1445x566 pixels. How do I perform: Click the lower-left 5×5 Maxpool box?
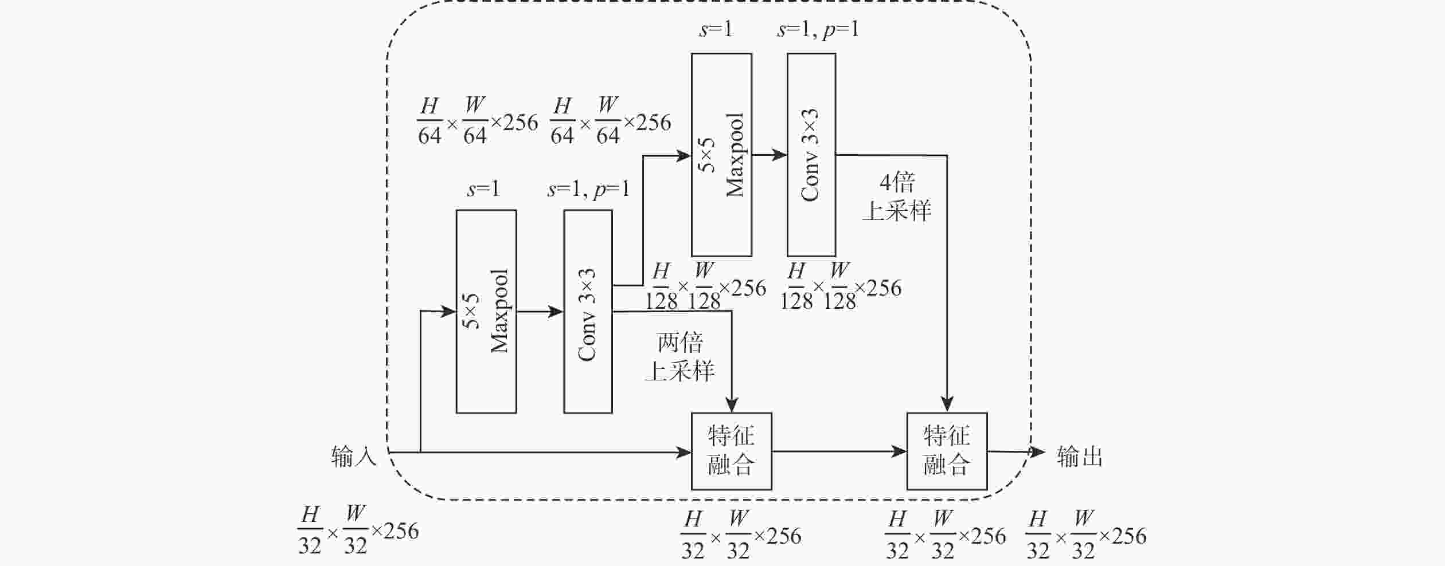point(486,311)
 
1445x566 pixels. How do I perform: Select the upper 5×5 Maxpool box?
point(721,155)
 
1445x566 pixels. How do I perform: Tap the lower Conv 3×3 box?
point(588,311)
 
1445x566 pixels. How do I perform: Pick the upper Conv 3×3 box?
point(811,155)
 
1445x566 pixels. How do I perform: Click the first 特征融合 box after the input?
point(731,451)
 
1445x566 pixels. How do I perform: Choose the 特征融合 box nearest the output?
point(947,451)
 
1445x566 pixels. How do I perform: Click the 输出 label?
point(1080,457)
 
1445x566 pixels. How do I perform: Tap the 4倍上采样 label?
point(897,196)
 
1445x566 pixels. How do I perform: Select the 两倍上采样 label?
point(680,357)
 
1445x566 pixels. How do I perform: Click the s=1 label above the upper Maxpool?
point(716,29)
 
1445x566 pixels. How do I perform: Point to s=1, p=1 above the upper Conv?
point(818,29)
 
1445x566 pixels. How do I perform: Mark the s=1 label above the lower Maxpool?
point(483,188)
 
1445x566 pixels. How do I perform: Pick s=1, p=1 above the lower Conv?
point(588,188)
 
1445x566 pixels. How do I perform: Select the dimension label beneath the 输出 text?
point(1085,535)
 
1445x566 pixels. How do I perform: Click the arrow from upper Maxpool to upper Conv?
point(770,155)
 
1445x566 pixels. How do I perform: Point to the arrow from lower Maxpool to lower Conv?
point(540,312)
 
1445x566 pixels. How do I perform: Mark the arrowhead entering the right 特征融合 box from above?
point(947,404)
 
